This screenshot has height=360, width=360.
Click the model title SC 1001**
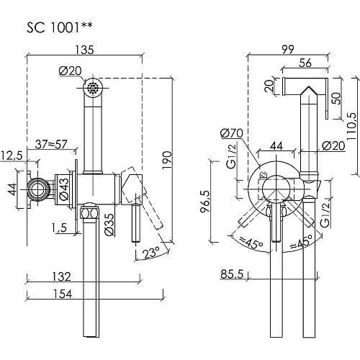[59, 27]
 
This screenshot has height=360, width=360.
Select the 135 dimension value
[84, 50]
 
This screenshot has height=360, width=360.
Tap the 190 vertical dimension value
[167, 160]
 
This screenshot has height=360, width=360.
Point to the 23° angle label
[151, 253]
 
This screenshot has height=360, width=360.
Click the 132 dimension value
[62, 276]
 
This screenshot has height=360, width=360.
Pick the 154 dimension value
[62, 294]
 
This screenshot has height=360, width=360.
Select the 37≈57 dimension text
[51, 144]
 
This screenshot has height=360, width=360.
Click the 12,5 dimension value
[12, 156]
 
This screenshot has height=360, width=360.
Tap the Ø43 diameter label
[64, 189]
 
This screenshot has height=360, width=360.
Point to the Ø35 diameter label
[109, 224]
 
